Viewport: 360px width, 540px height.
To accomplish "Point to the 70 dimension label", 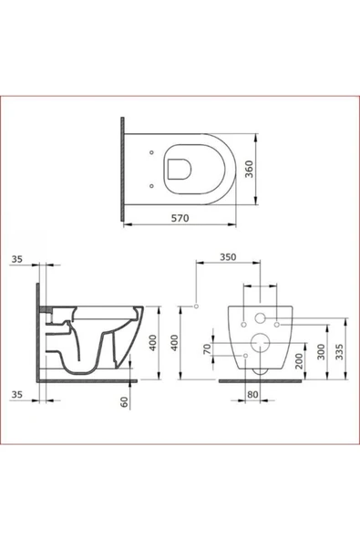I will [207, 349].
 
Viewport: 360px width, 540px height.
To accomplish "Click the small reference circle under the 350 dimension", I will [196, 306].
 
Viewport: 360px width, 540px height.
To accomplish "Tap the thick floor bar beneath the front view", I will [260, 379].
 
